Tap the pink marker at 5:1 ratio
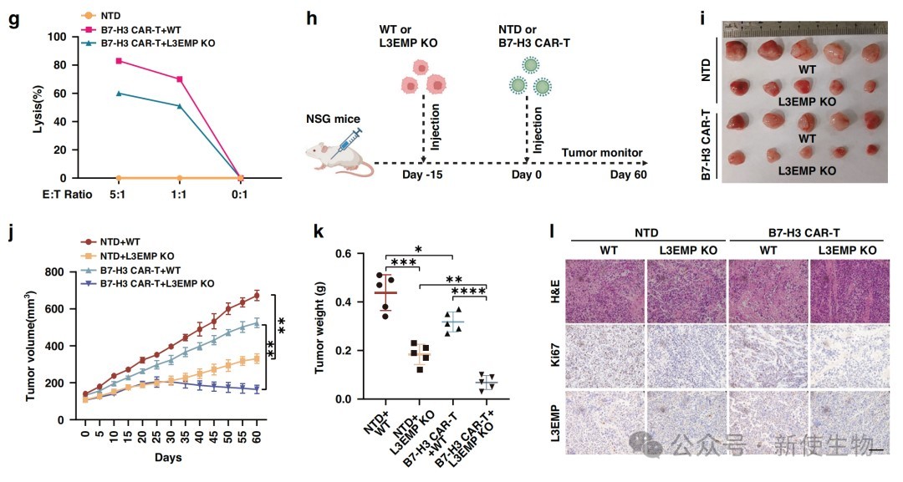[119, 61]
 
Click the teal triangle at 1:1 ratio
[179, 105]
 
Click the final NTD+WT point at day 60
[257, 295]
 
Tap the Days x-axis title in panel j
[167, 458]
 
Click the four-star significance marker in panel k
[468, 292]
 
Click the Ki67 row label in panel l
[554, 363]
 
